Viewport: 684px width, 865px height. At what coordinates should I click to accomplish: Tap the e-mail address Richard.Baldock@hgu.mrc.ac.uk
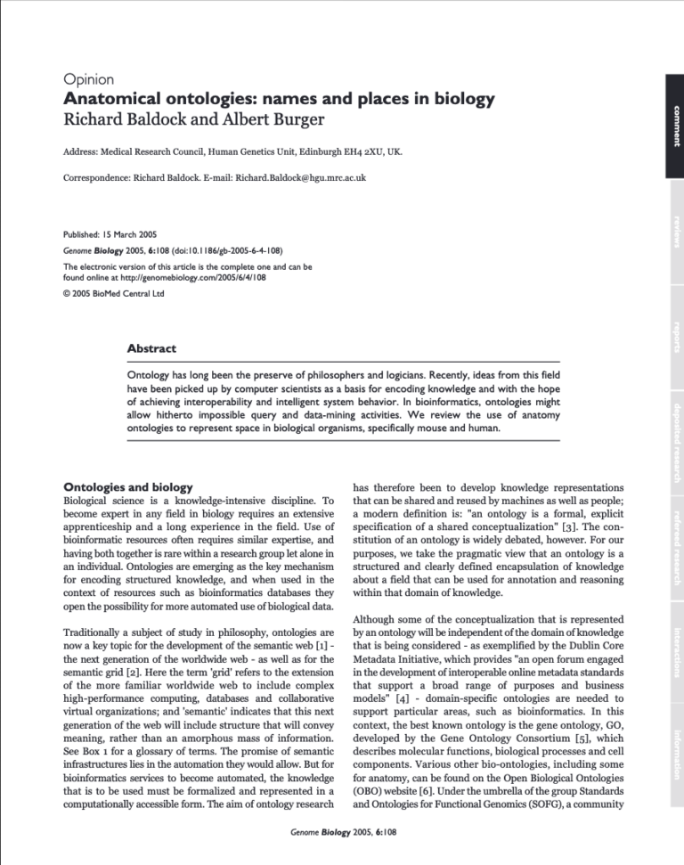coord(300,178)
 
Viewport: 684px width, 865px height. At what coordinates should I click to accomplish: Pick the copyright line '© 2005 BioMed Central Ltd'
coord(114,293)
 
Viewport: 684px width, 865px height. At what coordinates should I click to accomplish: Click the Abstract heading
coord(152,348)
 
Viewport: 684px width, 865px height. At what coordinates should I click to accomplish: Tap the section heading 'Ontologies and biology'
coord(128,487)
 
